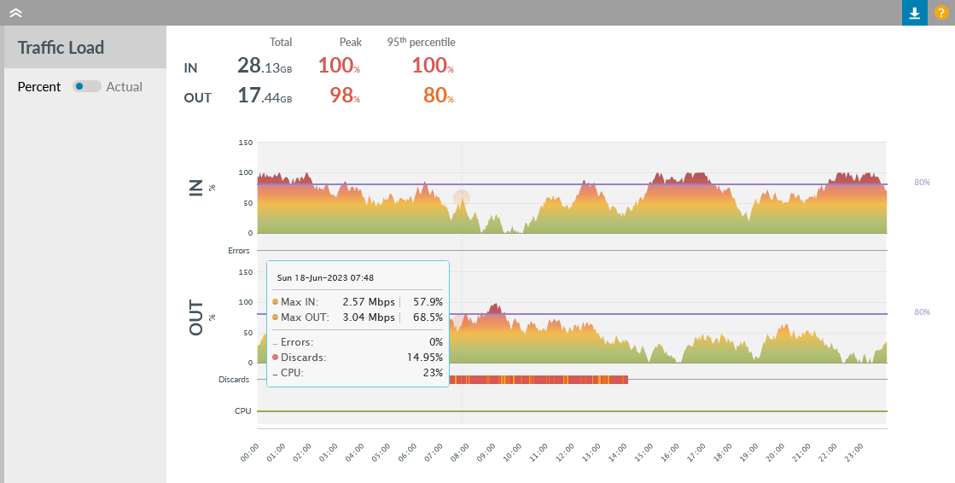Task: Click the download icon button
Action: click(914, 13)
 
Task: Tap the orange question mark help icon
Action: click(940, 13)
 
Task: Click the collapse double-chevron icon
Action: click(15, 13)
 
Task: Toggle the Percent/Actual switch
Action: click(86, 86)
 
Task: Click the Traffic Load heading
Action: click(61, 48)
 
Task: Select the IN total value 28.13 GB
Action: click(265, 66)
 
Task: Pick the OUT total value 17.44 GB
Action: click(265, 96)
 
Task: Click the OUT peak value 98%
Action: click(344, 96)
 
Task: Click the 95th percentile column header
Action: click(421, 42)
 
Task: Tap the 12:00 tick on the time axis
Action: click(564, 451)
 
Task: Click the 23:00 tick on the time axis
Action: click(854, 451)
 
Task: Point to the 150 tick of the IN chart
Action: click(245, 143)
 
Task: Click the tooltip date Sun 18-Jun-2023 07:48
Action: click(325, 277)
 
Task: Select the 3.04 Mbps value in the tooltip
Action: click(369, 317)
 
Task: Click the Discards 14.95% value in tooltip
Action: click(424, 358)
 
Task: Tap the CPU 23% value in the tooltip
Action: click(433, 373)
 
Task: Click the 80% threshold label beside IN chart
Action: click(922, 183)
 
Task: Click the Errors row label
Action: click(238, 251)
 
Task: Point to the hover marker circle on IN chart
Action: click(462, 198)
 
